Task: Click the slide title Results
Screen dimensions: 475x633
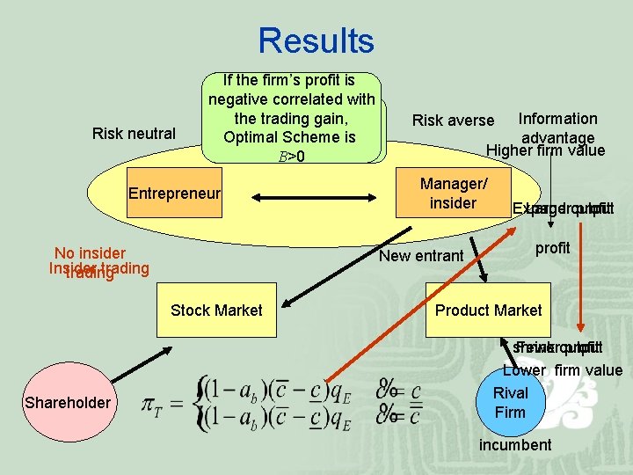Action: [316, 40]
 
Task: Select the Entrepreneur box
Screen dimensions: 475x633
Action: [174, 194]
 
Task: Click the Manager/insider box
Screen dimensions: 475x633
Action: [453, 194]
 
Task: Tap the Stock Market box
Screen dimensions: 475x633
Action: [216, 310]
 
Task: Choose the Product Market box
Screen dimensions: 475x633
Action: [488, 310]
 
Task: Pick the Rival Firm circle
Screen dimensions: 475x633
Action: [510, 403]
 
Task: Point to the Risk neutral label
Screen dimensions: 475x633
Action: [134, 134]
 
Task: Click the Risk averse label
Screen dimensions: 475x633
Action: [453, 121]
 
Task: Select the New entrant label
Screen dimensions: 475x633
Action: [421, 256]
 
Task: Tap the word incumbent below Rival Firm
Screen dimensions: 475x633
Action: [515, 444]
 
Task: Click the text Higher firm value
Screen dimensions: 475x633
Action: [546, 150]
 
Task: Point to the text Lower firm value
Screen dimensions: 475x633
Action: [563, 370]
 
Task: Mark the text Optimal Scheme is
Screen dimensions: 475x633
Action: [289, 137]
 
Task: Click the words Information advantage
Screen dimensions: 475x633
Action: [557, 128]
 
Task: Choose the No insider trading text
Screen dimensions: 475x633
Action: [91, 254]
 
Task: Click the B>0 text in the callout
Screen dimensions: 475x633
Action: [290, 157]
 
